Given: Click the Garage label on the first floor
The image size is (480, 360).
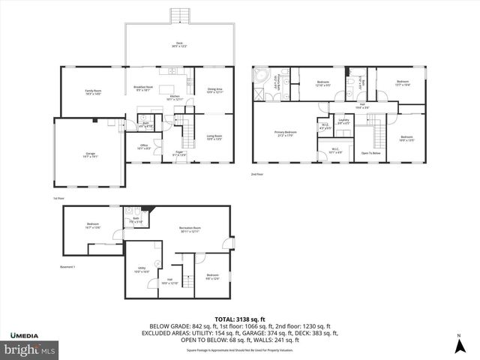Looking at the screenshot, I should pos(90,154).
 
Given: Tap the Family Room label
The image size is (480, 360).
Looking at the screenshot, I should pos(93,91).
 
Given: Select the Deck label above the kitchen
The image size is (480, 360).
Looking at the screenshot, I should pos(179,44).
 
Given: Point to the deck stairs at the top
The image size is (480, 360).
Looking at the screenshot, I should pos(179,16).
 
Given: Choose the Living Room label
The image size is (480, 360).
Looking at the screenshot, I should pos(214,137).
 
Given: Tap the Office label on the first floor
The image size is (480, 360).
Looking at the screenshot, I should pos(145,147).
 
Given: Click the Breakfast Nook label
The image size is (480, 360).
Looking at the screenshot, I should pos(143,88).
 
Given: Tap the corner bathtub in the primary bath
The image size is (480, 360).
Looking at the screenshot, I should pos(262,77).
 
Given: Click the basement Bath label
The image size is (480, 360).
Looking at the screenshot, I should pos(136,220).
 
